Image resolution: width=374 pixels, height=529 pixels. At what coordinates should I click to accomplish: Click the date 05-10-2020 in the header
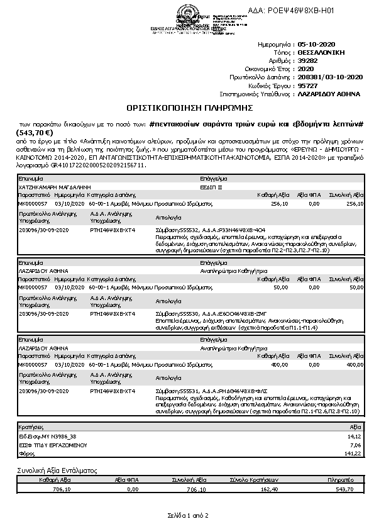[x=314, y=46]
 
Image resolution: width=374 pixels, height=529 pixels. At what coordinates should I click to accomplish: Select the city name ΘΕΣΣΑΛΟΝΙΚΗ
[x=321, y=53]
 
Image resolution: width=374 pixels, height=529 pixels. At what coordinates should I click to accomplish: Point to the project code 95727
[x=307, y=85]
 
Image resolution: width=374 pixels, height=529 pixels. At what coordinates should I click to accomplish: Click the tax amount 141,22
[x=355, y=452]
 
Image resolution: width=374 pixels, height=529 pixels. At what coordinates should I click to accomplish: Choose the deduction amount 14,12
[x=356, y=435]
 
